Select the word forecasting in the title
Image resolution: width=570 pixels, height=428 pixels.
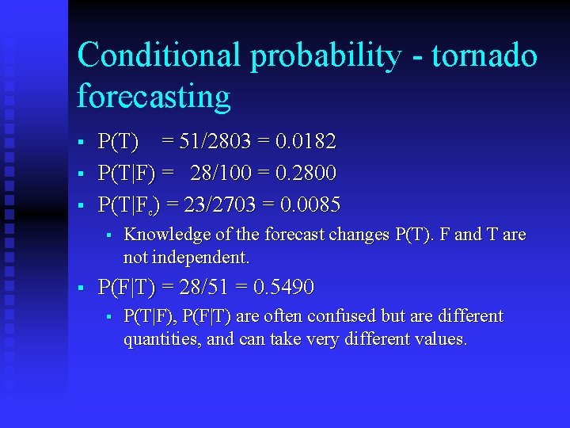coord(154,97)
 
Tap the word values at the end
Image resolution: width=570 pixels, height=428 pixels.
coord(443,339)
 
